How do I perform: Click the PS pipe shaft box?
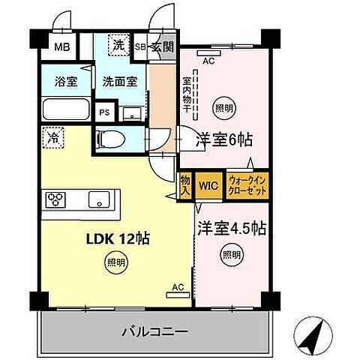click(x=105, y=112)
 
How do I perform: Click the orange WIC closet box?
click(x=208, y=185)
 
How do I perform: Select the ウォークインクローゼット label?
click(x=248, y=185)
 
